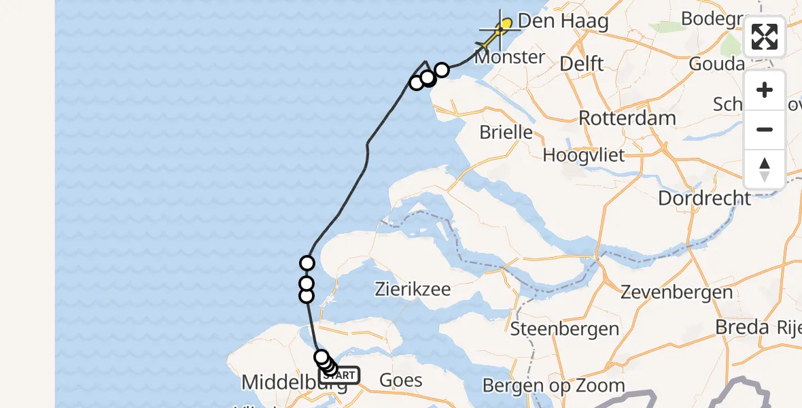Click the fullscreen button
765,37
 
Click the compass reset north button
765,169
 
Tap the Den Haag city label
563,21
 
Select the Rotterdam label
627,118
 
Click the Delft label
581,64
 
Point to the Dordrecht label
705,199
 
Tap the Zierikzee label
413,289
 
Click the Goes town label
400,380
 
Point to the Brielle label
506,132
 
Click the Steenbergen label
564,329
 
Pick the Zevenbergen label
676,292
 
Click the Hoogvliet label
583,155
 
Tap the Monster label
509,57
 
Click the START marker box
344,375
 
